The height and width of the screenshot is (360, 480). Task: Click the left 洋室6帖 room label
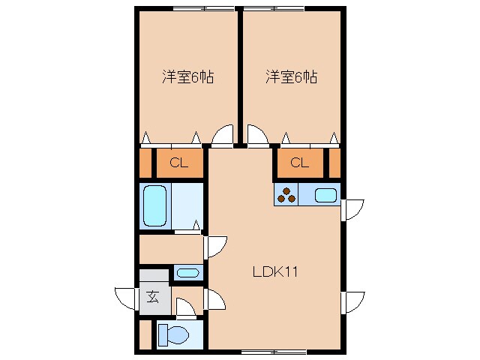(187, 76)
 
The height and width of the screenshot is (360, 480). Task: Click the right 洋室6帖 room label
(291, 76)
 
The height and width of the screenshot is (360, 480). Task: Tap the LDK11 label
(275, 272)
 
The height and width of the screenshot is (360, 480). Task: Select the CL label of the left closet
(178, 163)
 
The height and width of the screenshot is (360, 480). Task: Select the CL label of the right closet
(300, 163)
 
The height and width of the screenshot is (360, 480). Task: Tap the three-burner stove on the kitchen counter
(286, 196)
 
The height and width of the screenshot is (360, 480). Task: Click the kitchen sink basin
(325, 196)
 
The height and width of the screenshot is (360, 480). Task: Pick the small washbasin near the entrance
(187, 272)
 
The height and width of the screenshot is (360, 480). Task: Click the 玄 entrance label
(152, 297)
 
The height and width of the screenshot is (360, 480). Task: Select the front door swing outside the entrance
(125, 298)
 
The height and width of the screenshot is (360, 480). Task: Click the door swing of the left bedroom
(223, 136)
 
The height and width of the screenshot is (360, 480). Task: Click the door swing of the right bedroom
(257, 136)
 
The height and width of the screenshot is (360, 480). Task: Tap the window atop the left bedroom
(202, 8)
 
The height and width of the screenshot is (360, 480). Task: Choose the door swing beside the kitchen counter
(352, 209)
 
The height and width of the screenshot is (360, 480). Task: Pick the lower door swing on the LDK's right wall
(352, 301)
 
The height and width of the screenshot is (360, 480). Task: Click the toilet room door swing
(184, 307)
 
